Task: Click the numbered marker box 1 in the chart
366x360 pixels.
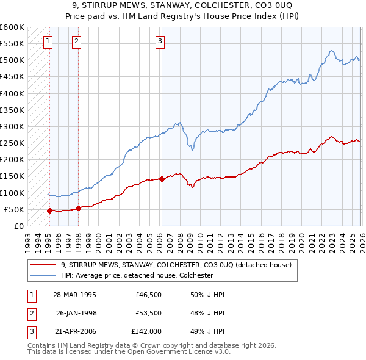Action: point(48,41)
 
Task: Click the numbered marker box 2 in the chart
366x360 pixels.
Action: point(76,41)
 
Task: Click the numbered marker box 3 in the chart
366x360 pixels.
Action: point(160,41)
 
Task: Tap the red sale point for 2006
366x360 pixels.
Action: point(162,179)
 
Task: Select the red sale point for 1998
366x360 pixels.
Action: point(79,208)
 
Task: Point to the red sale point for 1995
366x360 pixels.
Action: point(50,211)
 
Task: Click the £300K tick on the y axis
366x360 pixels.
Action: point(12,126)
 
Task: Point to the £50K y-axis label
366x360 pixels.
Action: point(14,209)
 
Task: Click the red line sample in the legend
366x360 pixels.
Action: point(43,265)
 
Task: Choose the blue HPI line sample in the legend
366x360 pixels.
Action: point(43,275)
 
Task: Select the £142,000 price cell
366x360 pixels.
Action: point(146,331)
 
